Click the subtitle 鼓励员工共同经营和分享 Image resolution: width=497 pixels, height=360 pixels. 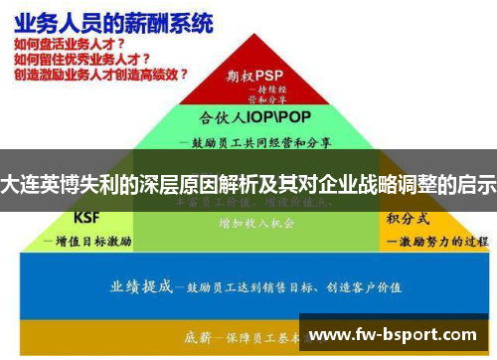260,142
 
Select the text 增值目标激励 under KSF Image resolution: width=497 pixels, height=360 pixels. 93,241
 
